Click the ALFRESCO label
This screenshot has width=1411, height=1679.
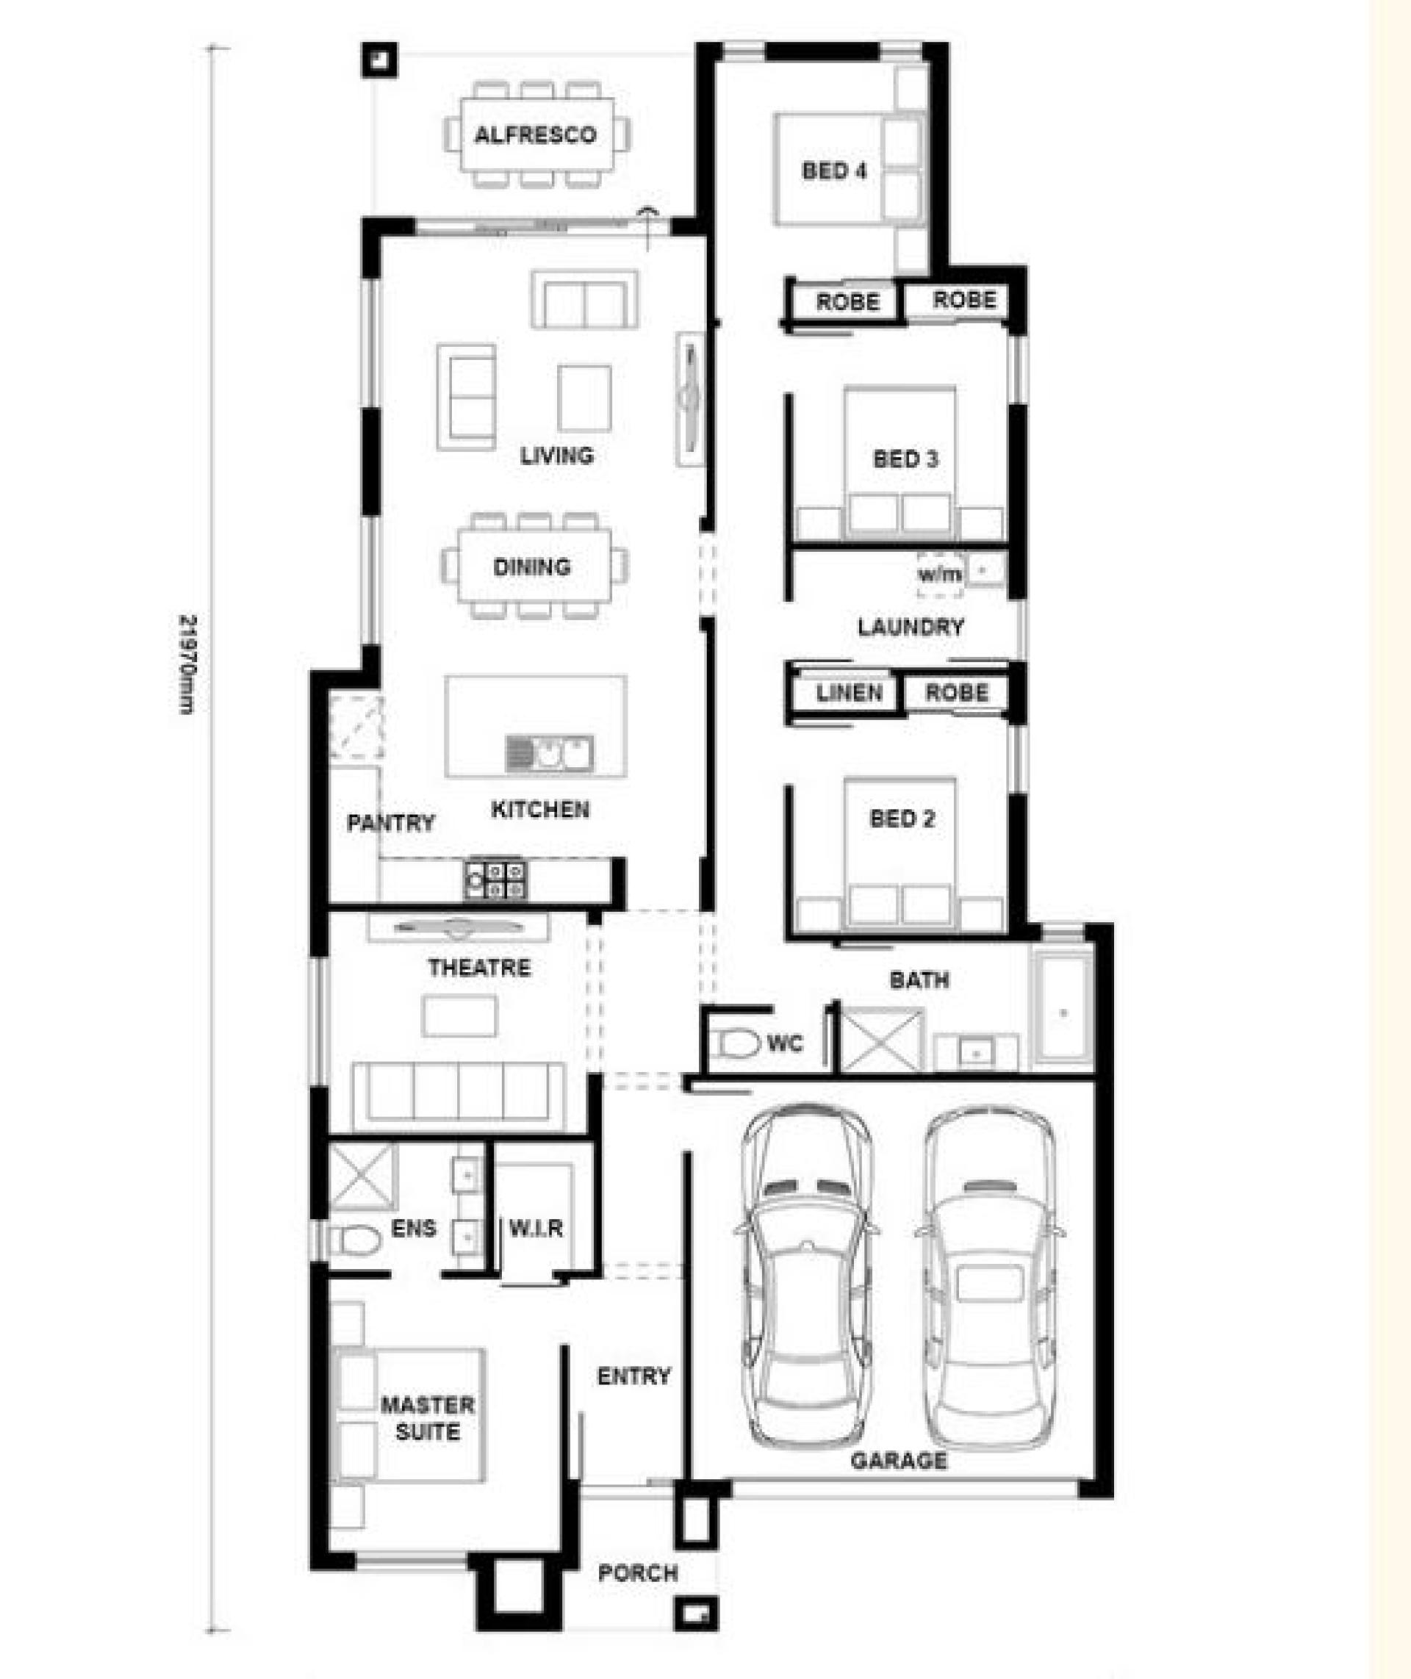pyautogui.click(x=535, y=134)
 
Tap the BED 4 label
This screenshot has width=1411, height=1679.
pyautogui.click(x=834, y=170)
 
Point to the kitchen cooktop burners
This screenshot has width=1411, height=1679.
pyautogui.click(x=496, y=879)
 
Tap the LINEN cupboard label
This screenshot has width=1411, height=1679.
pyautogui.click(x=850, y=693)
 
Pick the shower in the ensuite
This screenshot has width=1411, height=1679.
pyautogui.click(x=363, y=1176)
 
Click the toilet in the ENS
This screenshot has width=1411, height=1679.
pyautogui.click(x=353, y=1240)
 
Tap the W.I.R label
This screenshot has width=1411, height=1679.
pyautogui.click(x=536, y=1228)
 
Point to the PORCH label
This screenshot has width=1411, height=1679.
pyautogui.click(x=639, y=1573)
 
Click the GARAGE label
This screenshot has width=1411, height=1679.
pyautogui.click(x=898, y=1462)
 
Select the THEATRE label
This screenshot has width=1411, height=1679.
pyautogui.click(x=479, y=968)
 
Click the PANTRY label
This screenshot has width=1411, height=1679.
pyautogui.click(x=390, y=822)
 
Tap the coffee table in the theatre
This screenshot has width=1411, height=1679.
pyautogui.click(x=459, y=1016)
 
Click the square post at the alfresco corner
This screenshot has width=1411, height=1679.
pyautogui.click(x=379, y=60)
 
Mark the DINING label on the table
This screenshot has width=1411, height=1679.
pyautogui.click(x=532, y=567)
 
